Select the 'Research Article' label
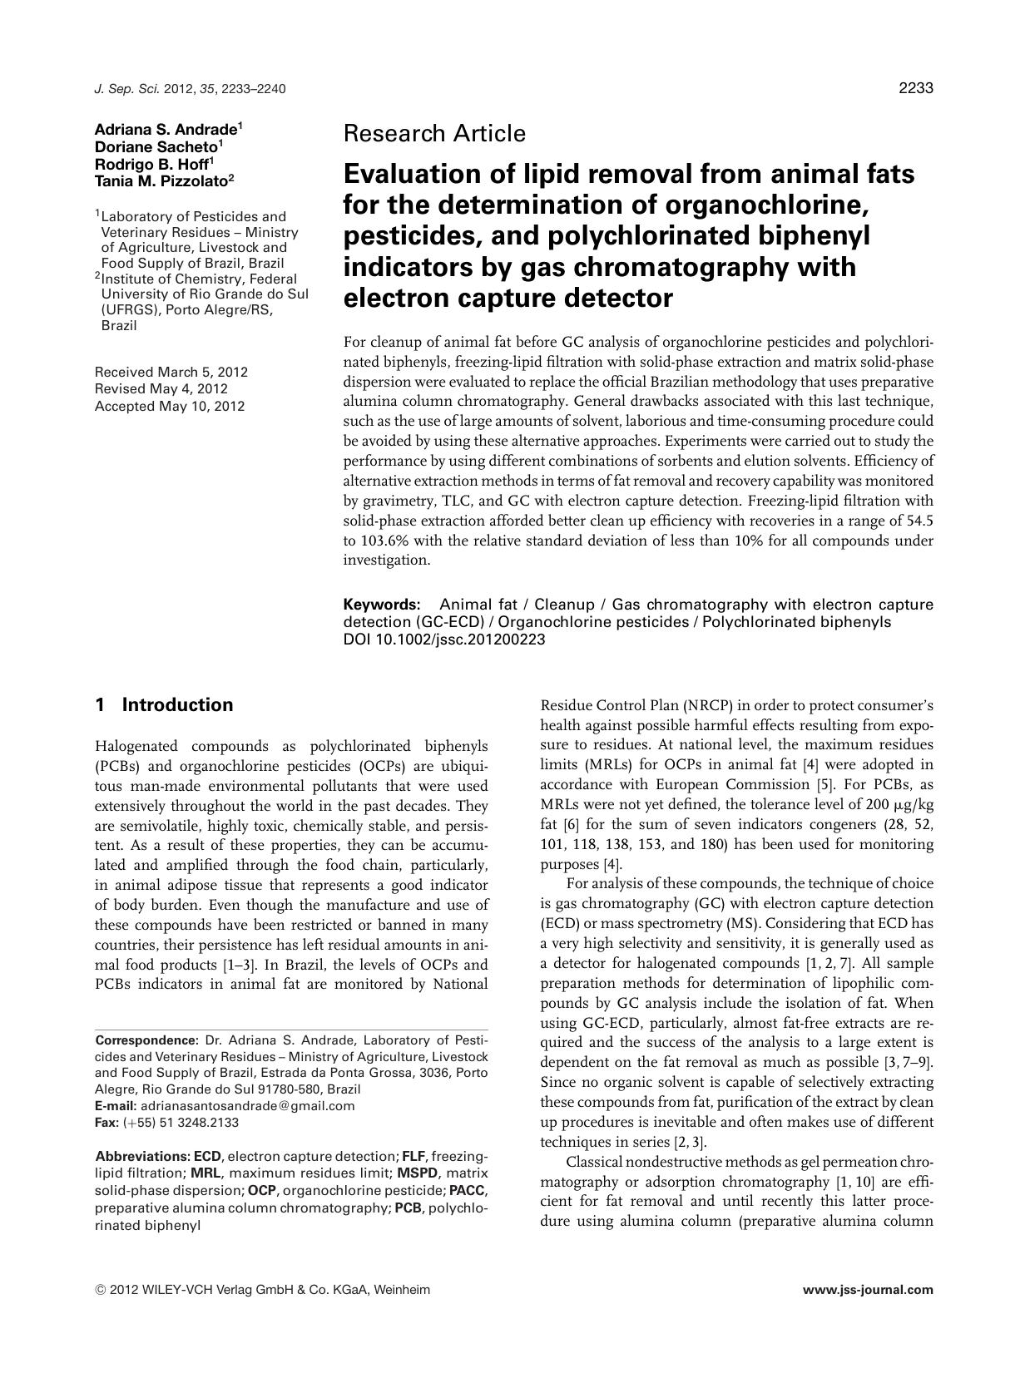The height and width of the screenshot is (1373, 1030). [x=434, y=133]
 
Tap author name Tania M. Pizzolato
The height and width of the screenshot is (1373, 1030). [x=161, y=177]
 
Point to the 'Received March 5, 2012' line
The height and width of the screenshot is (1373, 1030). [x=171, y=372]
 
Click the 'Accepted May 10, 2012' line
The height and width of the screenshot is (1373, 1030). [x=170, y=406]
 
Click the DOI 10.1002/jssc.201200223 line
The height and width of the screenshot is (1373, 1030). [x=444, y=640]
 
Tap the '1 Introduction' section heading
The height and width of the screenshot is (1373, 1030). [x=164, y=705]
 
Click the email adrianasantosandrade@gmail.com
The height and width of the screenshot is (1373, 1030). [x=247, y=1106]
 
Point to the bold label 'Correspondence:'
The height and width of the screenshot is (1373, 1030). [x=146, y=1040]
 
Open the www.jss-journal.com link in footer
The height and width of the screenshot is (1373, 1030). [x=868, y=1291]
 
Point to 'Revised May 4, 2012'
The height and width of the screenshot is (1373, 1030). [x=161, y=388]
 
